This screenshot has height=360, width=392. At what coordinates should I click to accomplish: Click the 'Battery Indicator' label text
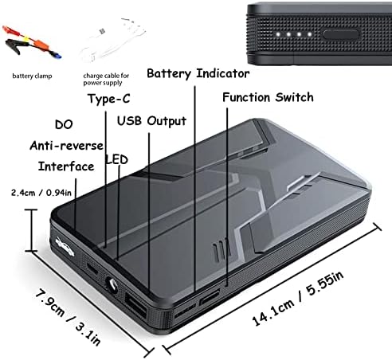point(198,73)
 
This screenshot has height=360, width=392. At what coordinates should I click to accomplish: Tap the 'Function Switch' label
point(268,97)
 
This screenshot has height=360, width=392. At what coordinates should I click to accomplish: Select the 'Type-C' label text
point(109,99)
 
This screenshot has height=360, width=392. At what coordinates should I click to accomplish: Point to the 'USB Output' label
point(151,121)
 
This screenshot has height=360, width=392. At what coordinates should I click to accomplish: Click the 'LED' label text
point(117,159)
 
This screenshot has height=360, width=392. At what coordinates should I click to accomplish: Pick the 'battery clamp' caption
point(32,76)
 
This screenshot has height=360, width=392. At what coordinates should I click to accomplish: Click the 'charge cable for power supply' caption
point(106,79)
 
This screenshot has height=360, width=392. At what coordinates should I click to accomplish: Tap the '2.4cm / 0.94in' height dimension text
point(41,193)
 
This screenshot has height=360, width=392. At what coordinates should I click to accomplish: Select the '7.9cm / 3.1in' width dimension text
point(68,317)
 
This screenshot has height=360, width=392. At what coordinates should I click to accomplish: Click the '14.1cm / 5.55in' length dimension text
point(298,299)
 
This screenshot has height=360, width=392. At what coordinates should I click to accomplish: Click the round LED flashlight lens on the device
point(112,285)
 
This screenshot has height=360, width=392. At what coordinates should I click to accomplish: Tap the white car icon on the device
point(65,247)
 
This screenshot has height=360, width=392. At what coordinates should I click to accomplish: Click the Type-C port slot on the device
point(92,268)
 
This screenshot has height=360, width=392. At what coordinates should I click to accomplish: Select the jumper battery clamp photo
point(32,42)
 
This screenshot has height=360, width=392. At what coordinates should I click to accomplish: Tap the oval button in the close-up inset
point(341,34)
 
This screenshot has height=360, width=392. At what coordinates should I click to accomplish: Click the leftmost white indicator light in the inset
point(278,34)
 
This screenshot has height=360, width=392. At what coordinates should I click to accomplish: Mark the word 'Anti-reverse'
point(66,146)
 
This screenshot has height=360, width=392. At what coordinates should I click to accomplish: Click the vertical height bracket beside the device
point(32,230)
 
